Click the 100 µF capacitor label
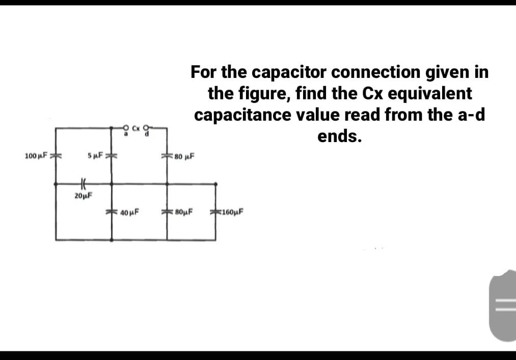[35, 155]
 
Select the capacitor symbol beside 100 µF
[56, 155]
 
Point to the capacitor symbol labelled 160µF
[216, 212]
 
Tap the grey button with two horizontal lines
[504, 306]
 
